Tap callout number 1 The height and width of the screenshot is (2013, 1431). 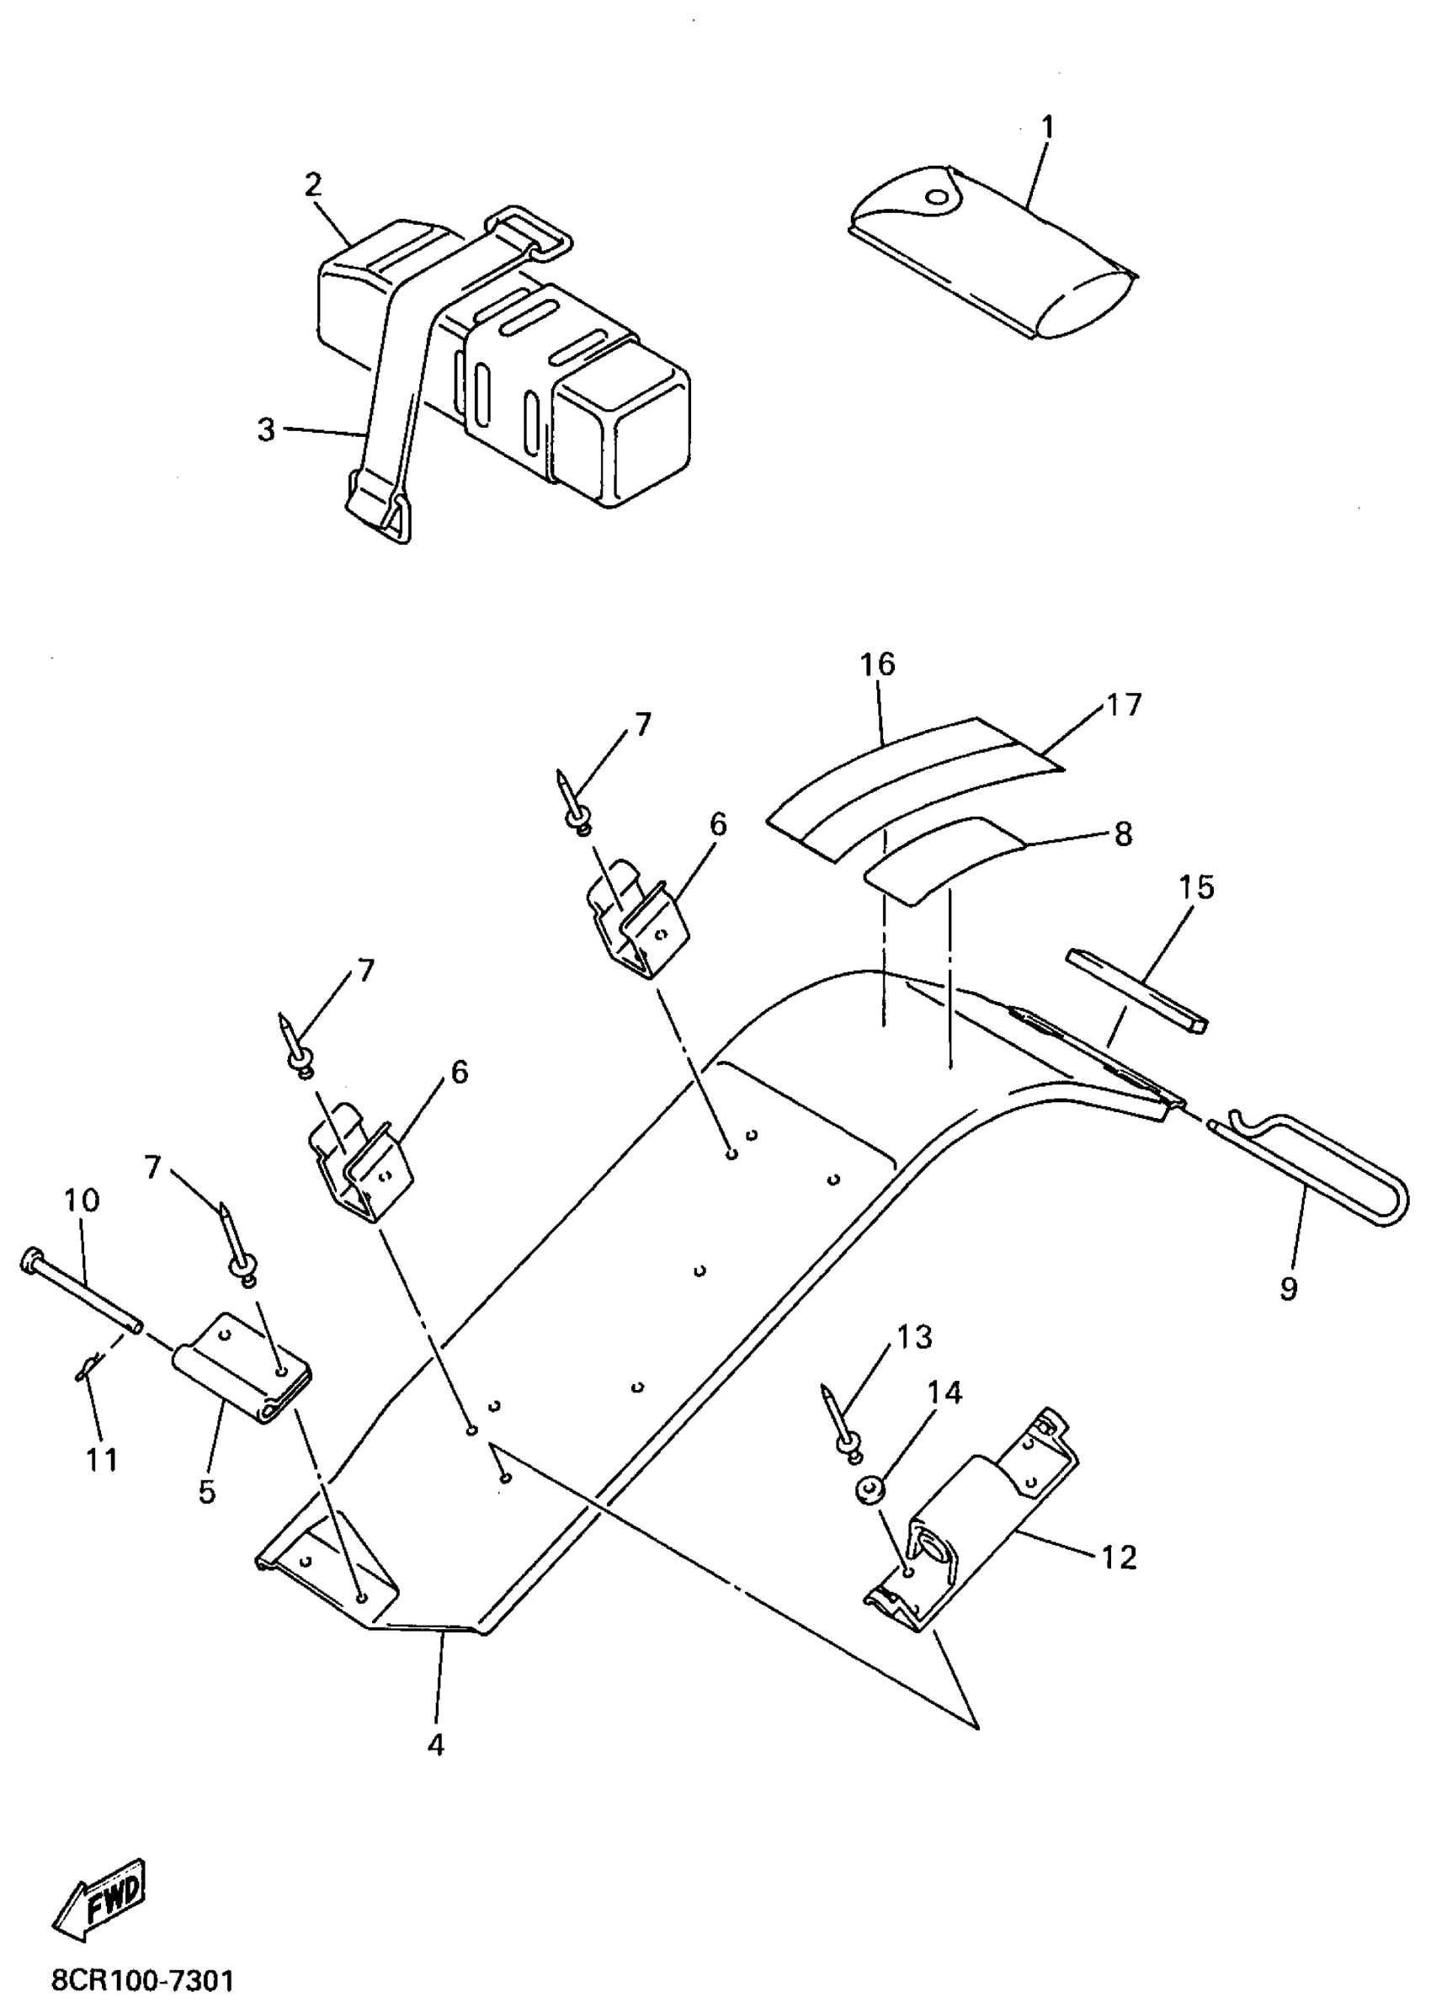tap(1047, 128)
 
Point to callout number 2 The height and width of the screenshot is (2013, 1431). tap(313, 186)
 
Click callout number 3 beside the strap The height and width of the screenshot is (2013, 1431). tap(266, 430)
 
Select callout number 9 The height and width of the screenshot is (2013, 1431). tap(1288, 1287)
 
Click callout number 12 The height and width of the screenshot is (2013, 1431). tap(1119, 1558)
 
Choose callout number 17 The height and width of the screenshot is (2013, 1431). tap(1124, 705)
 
